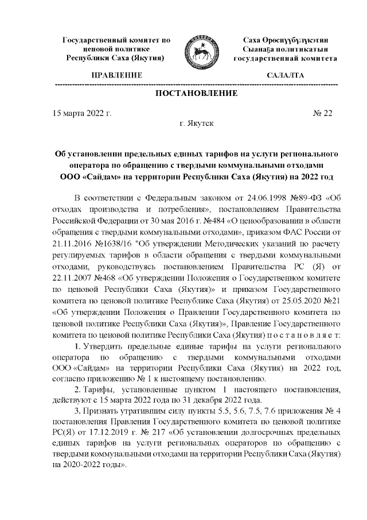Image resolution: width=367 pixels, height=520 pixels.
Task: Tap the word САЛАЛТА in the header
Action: pos(286,75)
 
